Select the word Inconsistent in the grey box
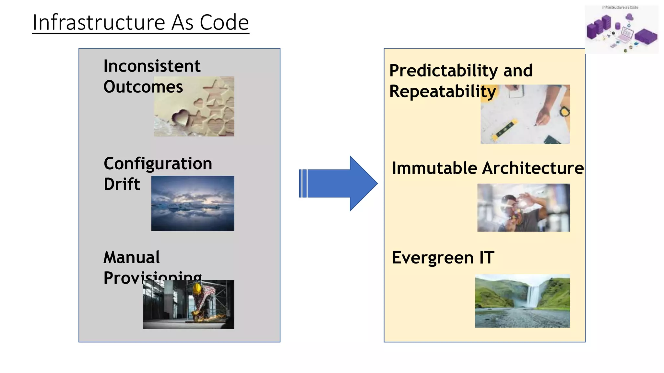[x=152, y=66]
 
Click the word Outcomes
[x=143, y=87]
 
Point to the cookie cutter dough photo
[x=194, y=106]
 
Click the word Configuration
[x=158, y=164]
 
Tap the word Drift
[x=122, y=184]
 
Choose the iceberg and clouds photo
[x=193, y=203]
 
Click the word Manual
[x=131, y=257]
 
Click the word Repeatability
[x=442, y=91]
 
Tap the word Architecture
[x=533, y=168]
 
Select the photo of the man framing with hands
[x=523, y=208]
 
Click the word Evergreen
[x=433, y=258]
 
